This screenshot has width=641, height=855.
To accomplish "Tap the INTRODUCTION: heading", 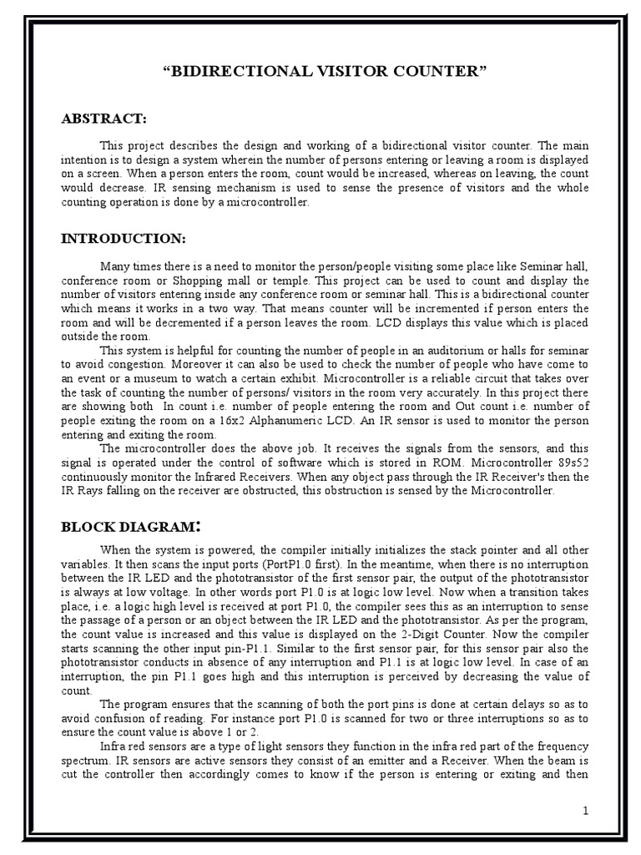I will (x=124, y=239).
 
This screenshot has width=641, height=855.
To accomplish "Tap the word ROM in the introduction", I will (x=453, y=462).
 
